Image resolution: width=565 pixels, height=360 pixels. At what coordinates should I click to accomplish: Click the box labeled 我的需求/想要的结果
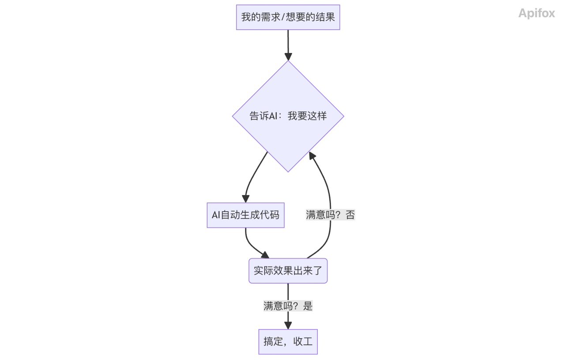click(288, 17)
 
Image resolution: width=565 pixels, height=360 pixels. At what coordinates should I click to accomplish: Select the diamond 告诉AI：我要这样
click(288, 116)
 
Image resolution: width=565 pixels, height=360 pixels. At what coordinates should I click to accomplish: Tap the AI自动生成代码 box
click(245, 215)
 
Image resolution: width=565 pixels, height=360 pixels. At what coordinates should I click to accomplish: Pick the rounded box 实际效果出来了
click(288, 270)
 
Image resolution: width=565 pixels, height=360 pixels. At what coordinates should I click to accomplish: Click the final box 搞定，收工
click(288, 341)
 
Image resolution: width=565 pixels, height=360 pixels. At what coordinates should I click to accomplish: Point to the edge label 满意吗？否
click(330, 215)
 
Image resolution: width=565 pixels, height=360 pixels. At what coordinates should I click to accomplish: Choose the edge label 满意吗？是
click(288, 306)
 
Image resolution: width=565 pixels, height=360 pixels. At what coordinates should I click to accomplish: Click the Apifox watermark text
click(536, 13)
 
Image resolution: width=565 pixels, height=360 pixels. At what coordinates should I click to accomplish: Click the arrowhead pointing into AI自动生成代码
click(245, 199)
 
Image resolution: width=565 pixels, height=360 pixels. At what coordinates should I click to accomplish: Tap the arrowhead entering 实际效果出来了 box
click(265, 255)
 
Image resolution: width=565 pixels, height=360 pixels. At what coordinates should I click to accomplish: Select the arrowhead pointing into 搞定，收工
click(288, 326)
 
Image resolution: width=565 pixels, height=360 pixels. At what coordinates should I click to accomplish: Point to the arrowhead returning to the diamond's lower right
click(312, 155)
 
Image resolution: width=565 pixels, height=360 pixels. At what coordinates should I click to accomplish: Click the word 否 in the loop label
click(350, 215)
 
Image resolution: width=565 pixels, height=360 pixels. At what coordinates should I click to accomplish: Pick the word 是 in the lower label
click(308, 306)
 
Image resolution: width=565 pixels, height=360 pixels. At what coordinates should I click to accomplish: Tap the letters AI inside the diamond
click(273, 116)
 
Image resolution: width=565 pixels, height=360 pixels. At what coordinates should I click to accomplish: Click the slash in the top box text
click(283, 17)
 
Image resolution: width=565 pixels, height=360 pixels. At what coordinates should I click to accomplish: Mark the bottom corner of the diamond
click(288, 171)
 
